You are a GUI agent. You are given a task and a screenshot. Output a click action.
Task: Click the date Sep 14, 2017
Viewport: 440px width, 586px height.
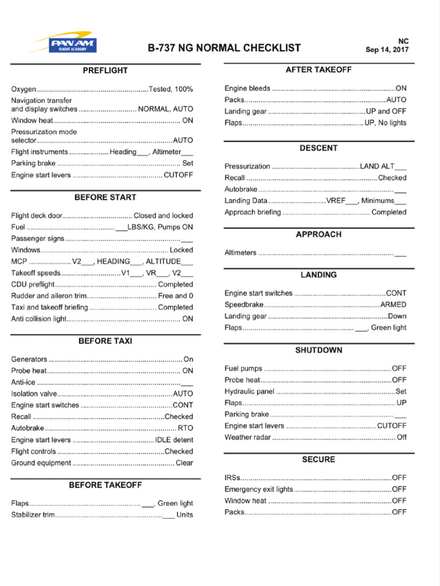pos(387,50)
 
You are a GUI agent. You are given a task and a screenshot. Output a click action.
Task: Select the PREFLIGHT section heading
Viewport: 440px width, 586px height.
pos(105,71)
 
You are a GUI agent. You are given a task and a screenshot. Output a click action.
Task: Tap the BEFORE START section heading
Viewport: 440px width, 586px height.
pos(105,197)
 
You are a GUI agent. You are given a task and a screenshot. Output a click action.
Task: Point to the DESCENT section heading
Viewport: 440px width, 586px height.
pos(319,148)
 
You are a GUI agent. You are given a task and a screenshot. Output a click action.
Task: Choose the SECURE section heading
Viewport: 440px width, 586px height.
pos(319,460)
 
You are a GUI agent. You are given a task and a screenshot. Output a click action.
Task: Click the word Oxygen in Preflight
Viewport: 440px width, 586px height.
pos(23,89)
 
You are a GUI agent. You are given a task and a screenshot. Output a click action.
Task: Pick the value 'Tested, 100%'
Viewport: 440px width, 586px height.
pos(171,89)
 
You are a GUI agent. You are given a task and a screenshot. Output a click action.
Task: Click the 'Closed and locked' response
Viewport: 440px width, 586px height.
pos(163,216)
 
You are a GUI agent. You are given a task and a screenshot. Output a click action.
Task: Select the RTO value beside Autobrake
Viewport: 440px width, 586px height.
pos(186,428)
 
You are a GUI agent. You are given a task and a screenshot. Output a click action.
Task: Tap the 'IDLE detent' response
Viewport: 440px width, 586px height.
pos(174,440)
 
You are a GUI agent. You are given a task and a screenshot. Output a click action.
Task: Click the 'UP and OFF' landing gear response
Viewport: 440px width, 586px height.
pos(386,112)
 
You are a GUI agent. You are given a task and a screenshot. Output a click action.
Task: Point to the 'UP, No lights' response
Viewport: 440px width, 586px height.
pos(386,123)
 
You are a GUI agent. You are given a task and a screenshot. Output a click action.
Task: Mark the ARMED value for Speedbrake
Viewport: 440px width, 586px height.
pos(394,304)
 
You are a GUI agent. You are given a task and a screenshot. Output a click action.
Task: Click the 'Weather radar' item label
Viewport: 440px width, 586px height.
pos(247,437)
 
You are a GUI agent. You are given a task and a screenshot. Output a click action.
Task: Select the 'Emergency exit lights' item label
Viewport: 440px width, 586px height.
pos(258,489)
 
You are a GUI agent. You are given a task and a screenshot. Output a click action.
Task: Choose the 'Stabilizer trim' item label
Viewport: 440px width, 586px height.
pos(33,515)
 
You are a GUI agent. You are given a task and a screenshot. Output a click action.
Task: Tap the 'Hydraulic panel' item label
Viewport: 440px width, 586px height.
pos(250,391)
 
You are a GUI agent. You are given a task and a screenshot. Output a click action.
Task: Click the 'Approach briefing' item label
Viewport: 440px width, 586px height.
pos(253,212)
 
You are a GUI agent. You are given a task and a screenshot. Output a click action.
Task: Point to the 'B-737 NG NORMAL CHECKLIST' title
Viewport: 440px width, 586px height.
pos(224,48)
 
